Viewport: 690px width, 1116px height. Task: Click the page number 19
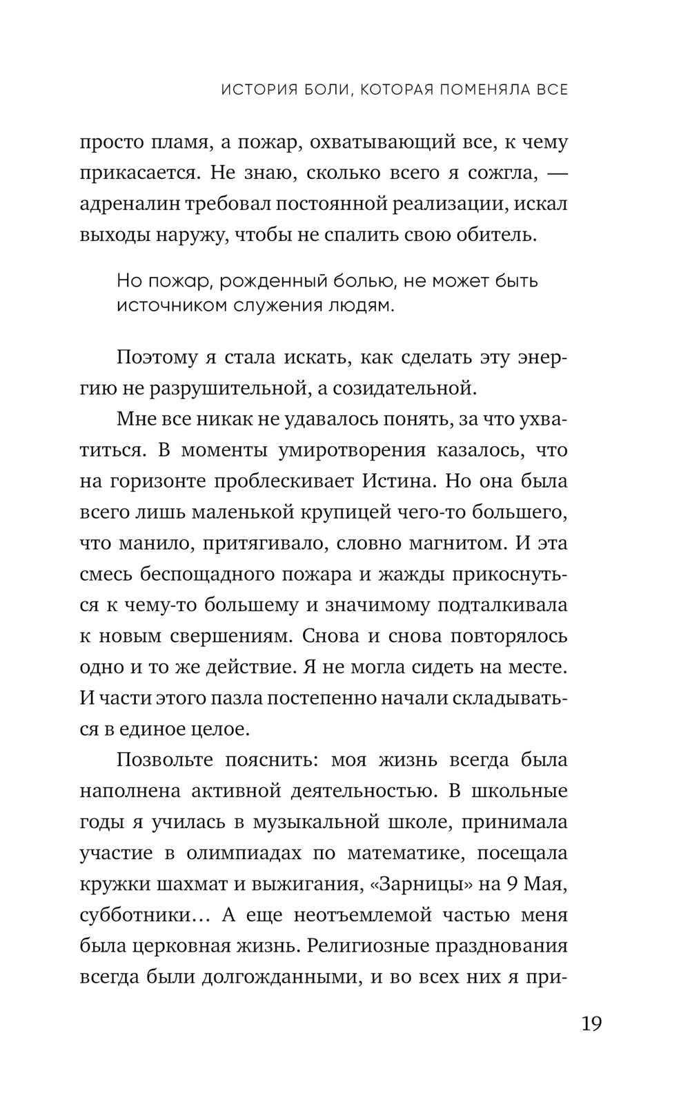(x=591, y=1022)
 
